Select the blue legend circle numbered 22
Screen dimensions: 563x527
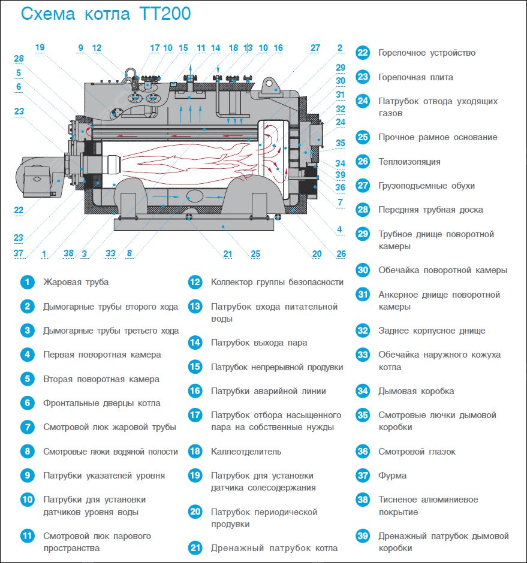tap(363, 53)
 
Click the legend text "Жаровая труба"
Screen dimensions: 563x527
tap(76, 282)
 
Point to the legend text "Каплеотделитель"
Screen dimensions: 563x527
tap(246, 452)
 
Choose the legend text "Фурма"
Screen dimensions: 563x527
tap(392, 476)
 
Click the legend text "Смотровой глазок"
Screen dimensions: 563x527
tap(417, 452)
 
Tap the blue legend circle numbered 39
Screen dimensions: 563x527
tap(363, 536)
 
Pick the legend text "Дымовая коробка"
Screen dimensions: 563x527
tap(416, 391)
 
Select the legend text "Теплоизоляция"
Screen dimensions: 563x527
tap(409, 162)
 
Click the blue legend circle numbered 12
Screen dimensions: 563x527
tap(195, 282)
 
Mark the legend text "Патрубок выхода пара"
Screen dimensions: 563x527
tap(259, 343)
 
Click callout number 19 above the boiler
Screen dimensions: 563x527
tap(40, 47)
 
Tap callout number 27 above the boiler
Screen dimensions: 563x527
tap(315, 48)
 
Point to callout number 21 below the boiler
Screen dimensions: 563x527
tap(228, 254)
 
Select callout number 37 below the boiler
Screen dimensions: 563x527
tap(19, 253)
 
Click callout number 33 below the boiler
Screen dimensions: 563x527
tap(110, 253)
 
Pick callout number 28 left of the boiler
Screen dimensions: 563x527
tap(19, 59)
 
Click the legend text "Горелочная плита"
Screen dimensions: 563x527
tap(415, 77)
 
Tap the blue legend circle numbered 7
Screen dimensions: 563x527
tap(27, 427)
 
